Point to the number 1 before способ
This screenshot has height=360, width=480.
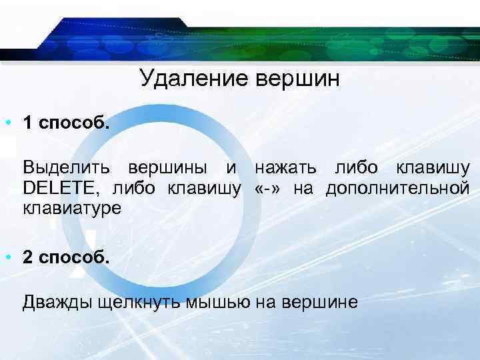pos(28,123)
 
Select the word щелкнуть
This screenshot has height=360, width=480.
pos(138,302)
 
